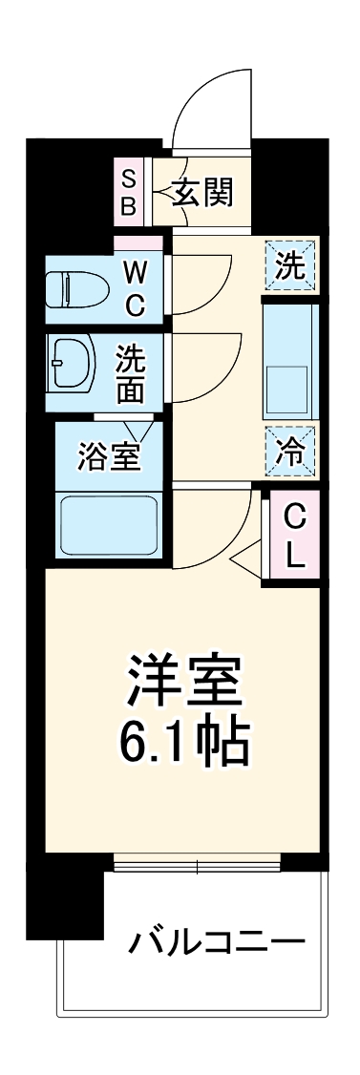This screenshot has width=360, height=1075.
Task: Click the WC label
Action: pyautogui.click(x=134, y=287)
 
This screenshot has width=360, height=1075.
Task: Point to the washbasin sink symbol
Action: pyautogui.click(x=74, y=363)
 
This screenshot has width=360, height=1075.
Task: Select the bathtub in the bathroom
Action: pyautogui.click(x=108, y=526)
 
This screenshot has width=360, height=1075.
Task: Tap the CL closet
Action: pyautogui.click(x=296, y=537)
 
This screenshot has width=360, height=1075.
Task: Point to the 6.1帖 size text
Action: pyautogui.click(x=181, y=738)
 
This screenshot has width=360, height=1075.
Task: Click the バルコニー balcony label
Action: pyautogui.click(x=217, y=942)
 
